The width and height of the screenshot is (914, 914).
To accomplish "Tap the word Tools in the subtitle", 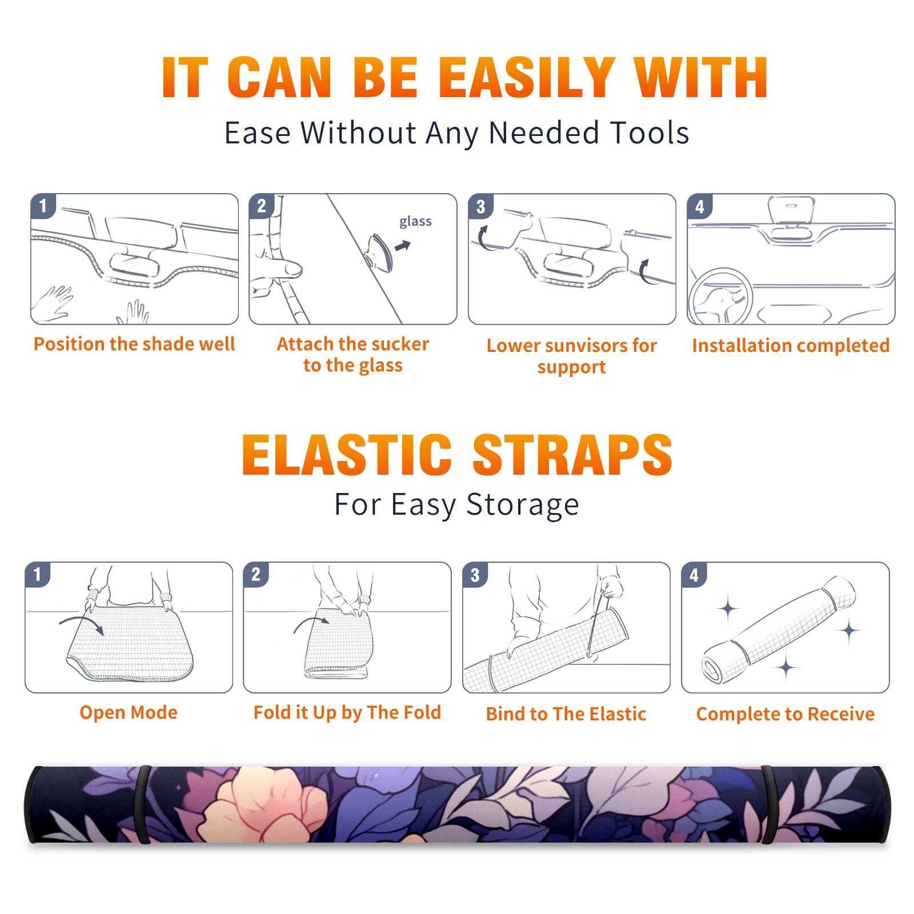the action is pyautogui.click(x=650, y=133).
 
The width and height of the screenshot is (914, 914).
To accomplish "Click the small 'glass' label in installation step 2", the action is pyautogui.click(x=415, y=222).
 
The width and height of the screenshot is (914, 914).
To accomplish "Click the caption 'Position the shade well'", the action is pyautogui.click(x=134, y=344).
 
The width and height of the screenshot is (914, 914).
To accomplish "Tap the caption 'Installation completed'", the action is pyautogui.click(x=791, y=346).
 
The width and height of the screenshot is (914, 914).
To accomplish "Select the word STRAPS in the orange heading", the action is pyautogui.click(x=572, y=455).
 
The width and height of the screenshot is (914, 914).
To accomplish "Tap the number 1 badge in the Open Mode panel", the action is pyautogui.click(x=38, y=574).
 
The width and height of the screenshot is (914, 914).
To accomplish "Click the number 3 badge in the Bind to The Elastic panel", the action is pyautogui.click(x=475, y=574).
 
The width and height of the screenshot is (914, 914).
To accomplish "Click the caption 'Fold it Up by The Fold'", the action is pyautogui.click(x=347, y=712).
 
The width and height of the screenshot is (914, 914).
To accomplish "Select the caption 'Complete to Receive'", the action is pyautogui.click(x=785, y=714).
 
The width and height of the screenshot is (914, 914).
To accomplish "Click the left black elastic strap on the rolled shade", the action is pyautogui.click(x=142, y=804).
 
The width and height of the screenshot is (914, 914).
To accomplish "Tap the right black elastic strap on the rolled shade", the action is pyautogui.click(x=769, y=804).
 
